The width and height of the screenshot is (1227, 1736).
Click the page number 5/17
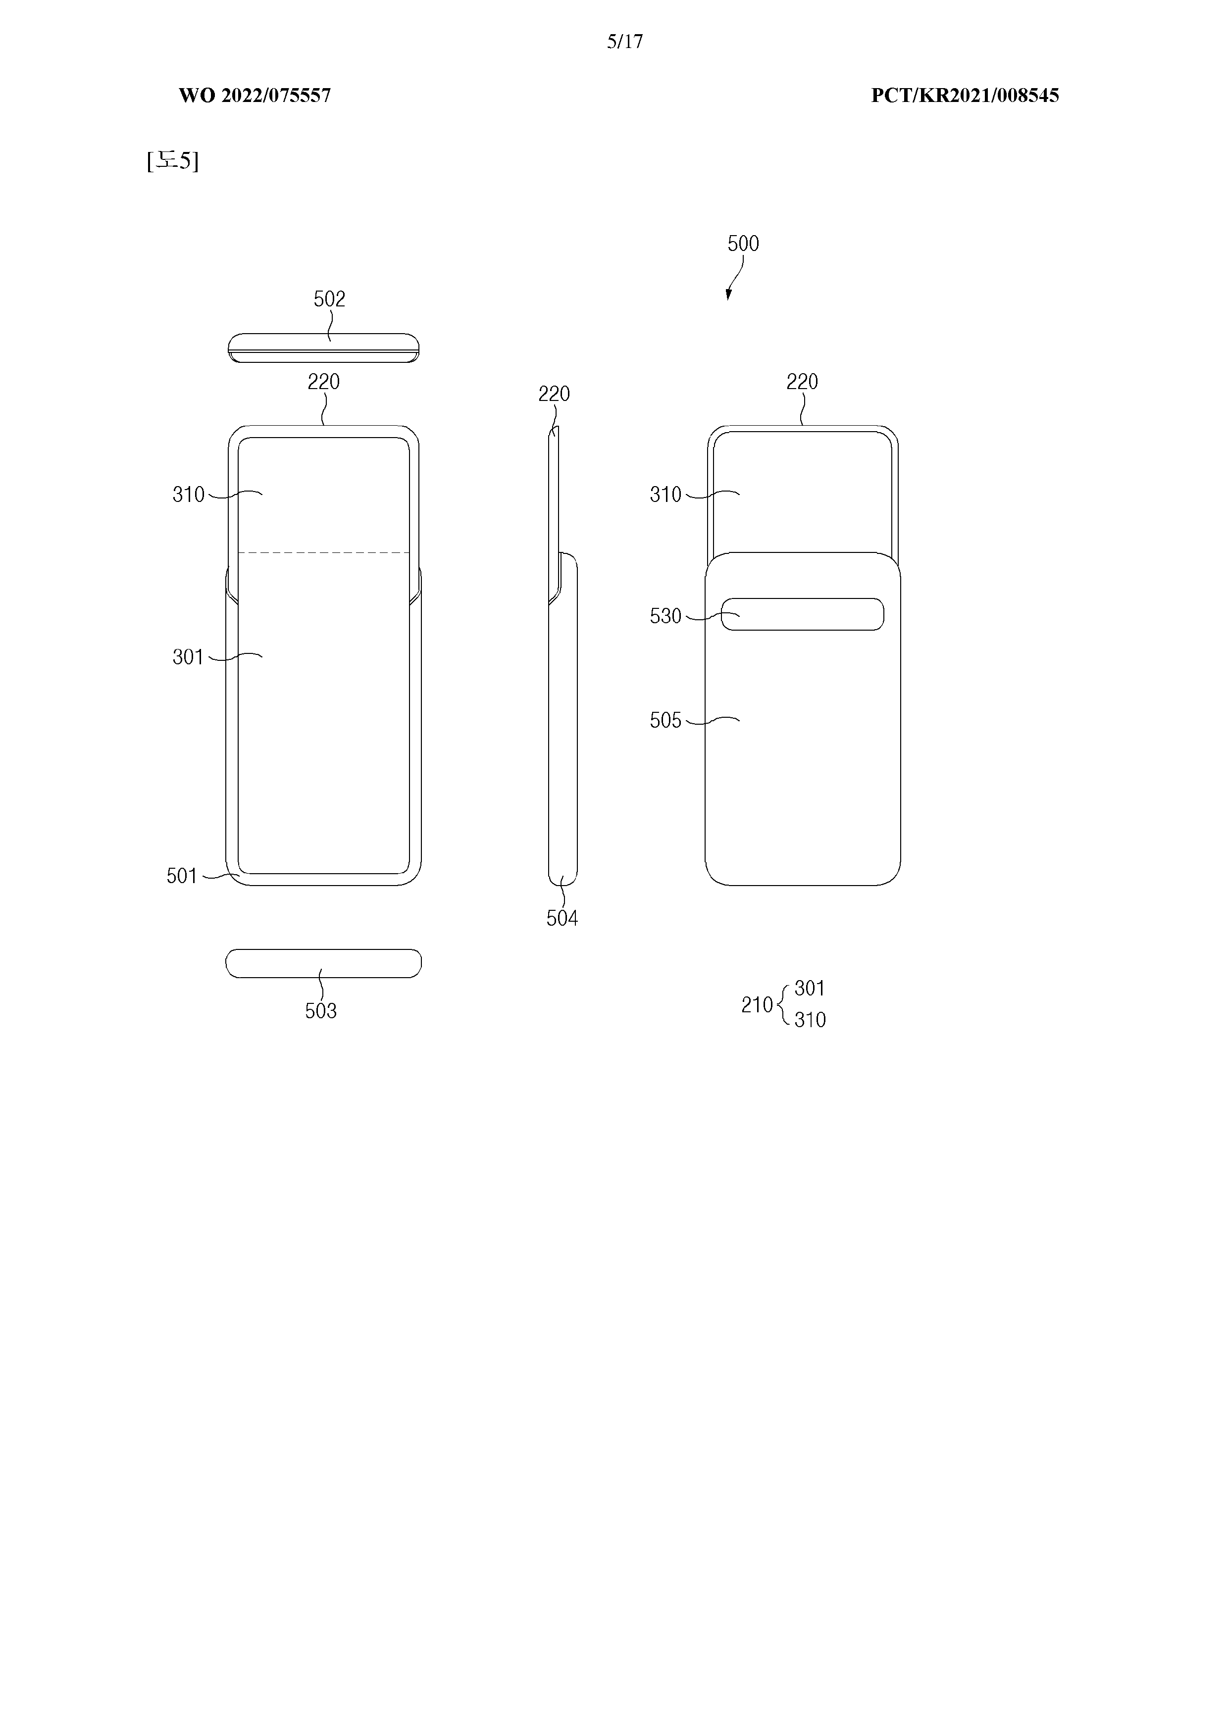pos(625,42)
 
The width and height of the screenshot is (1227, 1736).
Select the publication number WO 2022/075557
pos(255,95)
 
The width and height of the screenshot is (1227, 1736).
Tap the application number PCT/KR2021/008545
pos(965,95)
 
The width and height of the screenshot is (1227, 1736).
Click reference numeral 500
pos(743,244)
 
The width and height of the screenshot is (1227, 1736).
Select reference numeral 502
pos(330,299)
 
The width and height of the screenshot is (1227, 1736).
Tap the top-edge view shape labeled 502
pos(324,348)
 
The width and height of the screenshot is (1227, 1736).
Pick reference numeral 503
pos(321,1011)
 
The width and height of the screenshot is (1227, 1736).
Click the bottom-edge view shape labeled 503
pos(324,963)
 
